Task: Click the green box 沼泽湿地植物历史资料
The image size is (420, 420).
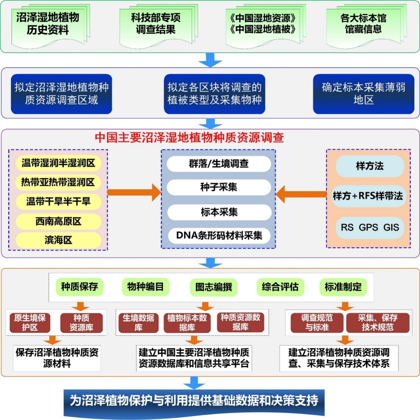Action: click(48, 24)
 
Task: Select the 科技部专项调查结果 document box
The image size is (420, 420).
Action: click(156, 24)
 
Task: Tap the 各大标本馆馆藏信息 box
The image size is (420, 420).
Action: click(363, 24)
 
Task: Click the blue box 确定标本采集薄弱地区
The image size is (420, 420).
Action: click(363, 94)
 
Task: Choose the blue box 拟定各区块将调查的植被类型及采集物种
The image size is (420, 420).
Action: click(214, 94)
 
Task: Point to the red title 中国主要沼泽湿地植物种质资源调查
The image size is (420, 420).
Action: click(189, 138)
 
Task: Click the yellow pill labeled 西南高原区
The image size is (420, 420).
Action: click(58, 221)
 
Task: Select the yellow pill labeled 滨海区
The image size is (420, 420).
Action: click(58, 240)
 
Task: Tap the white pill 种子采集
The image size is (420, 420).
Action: click(219, 187)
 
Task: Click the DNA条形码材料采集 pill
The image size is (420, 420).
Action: click(219, 235)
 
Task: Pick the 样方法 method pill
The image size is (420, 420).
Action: click(370, 166)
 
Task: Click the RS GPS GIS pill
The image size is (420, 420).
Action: click(370, 228)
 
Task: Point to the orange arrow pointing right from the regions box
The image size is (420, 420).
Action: click(134, 192)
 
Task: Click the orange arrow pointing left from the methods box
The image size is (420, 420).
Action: click(301, 194)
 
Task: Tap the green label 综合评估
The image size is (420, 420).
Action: click(280, 286)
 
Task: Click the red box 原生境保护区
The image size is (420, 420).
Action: click(30, 323)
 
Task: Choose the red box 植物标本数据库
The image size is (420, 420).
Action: click(187, 323)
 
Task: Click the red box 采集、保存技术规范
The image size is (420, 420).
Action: click(377, 323)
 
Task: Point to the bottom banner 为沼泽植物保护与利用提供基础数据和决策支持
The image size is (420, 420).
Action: click(194, 401)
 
